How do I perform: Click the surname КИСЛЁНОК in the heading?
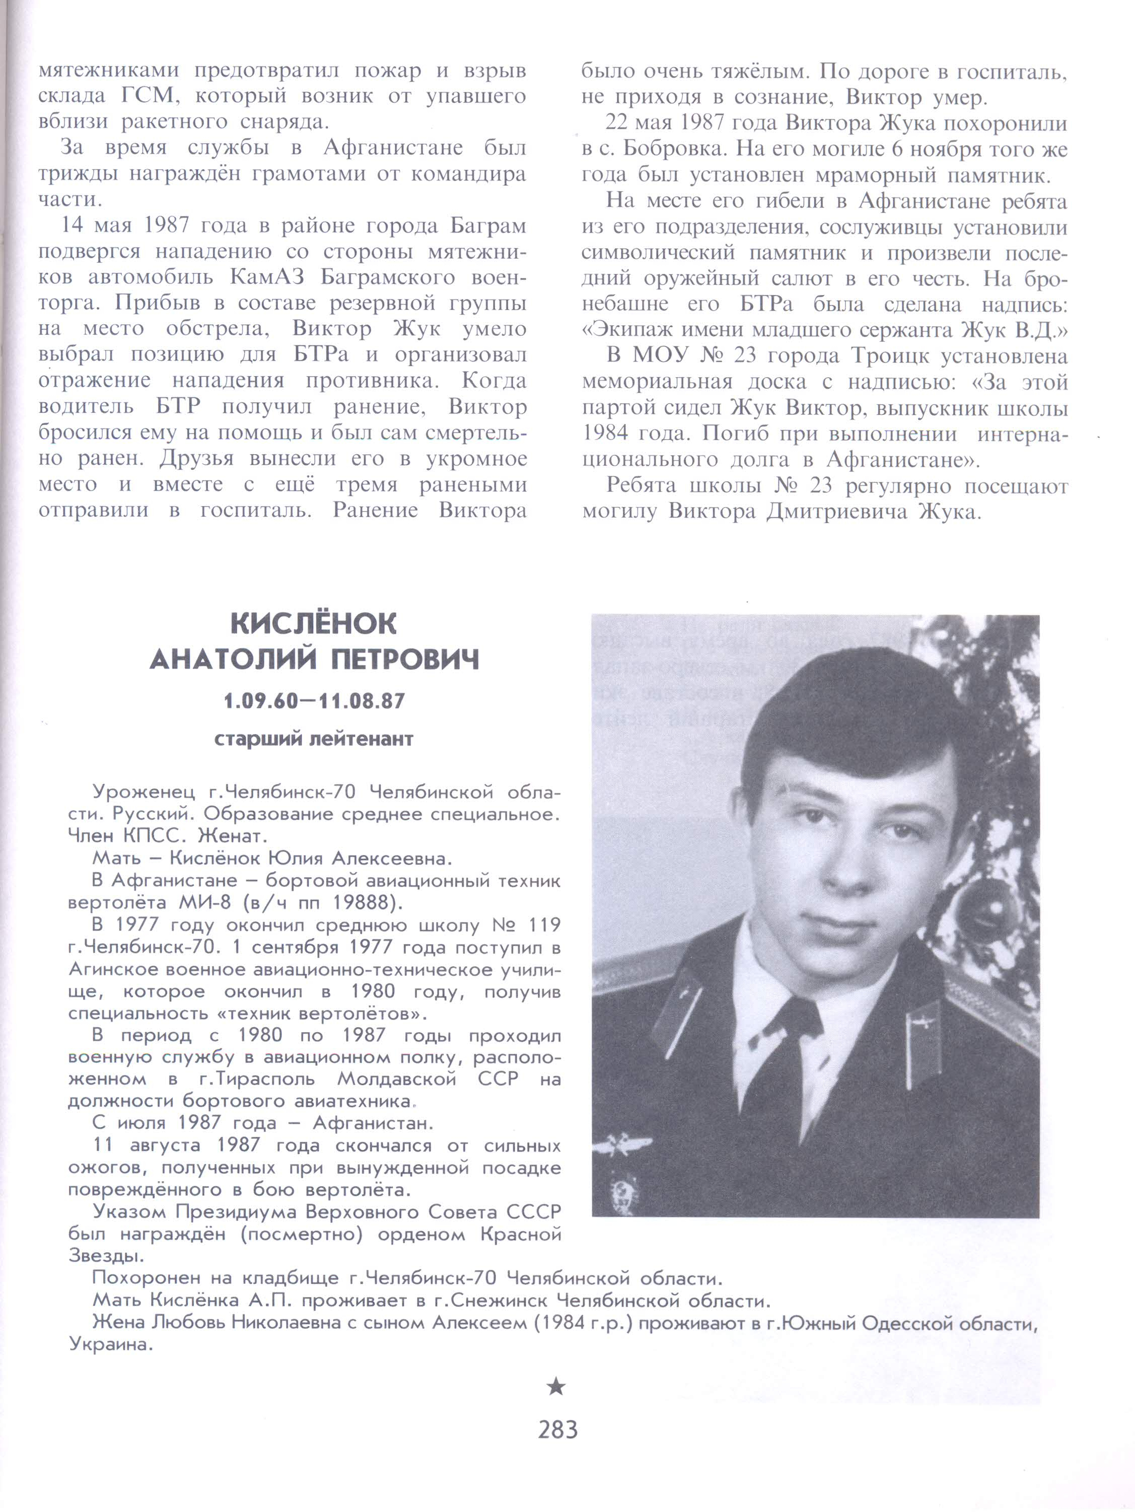[x=313, y=623]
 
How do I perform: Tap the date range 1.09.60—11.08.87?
[x=314, y=701]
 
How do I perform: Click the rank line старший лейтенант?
[x=314, y=740]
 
